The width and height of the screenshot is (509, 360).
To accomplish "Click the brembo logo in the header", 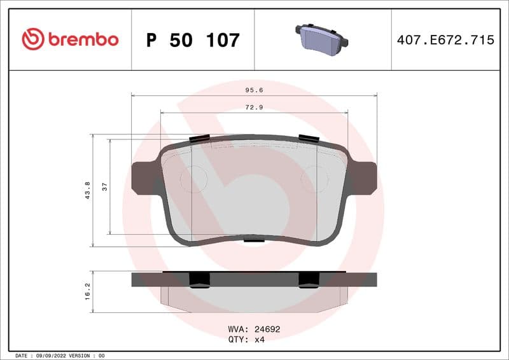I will (70, 39).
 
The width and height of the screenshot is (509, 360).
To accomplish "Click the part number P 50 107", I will (193, 40).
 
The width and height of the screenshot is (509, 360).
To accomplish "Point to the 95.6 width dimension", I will (254, 90).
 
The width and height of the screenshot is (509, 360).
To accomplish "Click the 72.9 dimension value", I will (254, 107).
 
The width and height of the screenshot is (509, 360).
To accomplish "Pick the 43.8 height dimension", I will (87, 190).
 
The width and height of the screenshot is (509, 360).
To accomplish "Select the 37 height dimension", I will (104, 186).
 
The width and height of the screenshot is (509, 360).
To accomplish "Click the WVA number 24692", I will (267, 329).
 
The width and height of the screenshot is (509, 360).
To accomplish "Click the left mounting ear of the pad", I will (143, 177).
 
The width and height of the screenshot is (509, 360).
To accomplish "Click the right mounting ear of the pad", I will (364, 177).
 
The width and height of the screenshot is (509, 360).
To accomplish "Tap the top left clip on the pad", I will (200, 139).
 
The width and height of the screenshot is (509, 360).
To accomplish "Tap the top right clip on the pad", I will (309, 139).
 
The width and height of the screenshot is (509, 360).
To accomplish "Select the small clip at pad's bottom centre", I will (254, 240).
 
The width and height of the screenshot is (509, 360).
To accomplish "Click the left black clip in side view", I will (200, 279).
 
